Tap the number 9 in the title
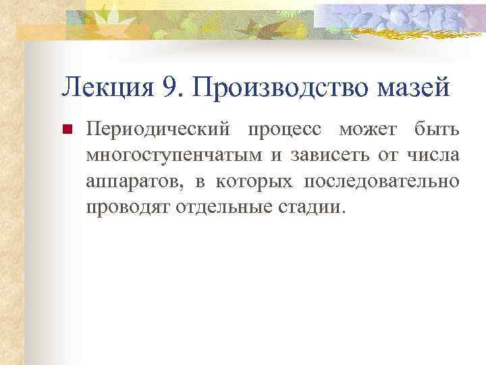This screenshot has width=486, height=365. pyautogui.click(x=169, y=88)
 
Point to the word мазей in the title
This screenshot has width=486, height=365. pyautogui.click(x=418, y=88)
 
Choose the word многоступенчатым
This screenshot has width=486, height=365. pyautogui.click(x=176, y=155)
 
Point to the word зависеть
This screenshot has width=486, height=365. pyautogui.click(x=327, y=155)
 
